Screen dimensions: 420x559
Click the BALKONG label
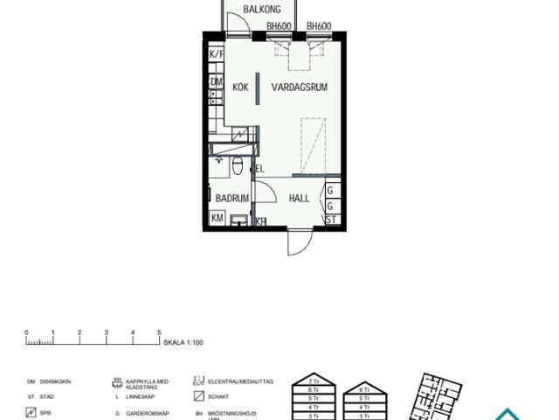coord(261,10)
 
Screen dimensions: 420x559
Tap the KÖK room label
coord(241,87)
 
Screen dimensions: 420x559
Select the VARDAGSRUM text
coord(299,87)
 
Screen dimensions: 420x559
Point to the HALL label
coord(299,199)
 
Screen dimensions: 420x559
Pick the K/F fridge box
coord(217,54)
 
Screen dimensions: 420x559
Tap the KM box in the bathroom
coord(217,218)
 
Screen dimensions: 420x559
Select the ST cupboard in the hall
coord(331,219)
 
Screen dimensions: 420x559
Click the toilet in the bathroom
coord(237,166)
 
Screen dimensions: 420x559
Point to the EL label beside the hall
coord(259,169)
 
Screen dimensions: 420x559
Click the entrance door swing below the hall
coord(299,243)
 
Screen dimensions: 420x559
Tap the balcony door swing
coord(236,24)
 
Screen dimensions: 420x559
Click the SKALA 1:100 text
coord(183,342)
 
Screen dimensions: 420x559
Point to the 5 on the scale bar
coord(159,332)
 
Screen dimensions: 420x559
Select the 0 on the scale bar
coord(27,332)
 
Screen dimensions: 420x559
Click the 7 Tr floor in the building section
coord(304,382)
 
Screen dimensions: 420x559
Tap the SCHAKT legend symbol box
coord(197,397)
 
